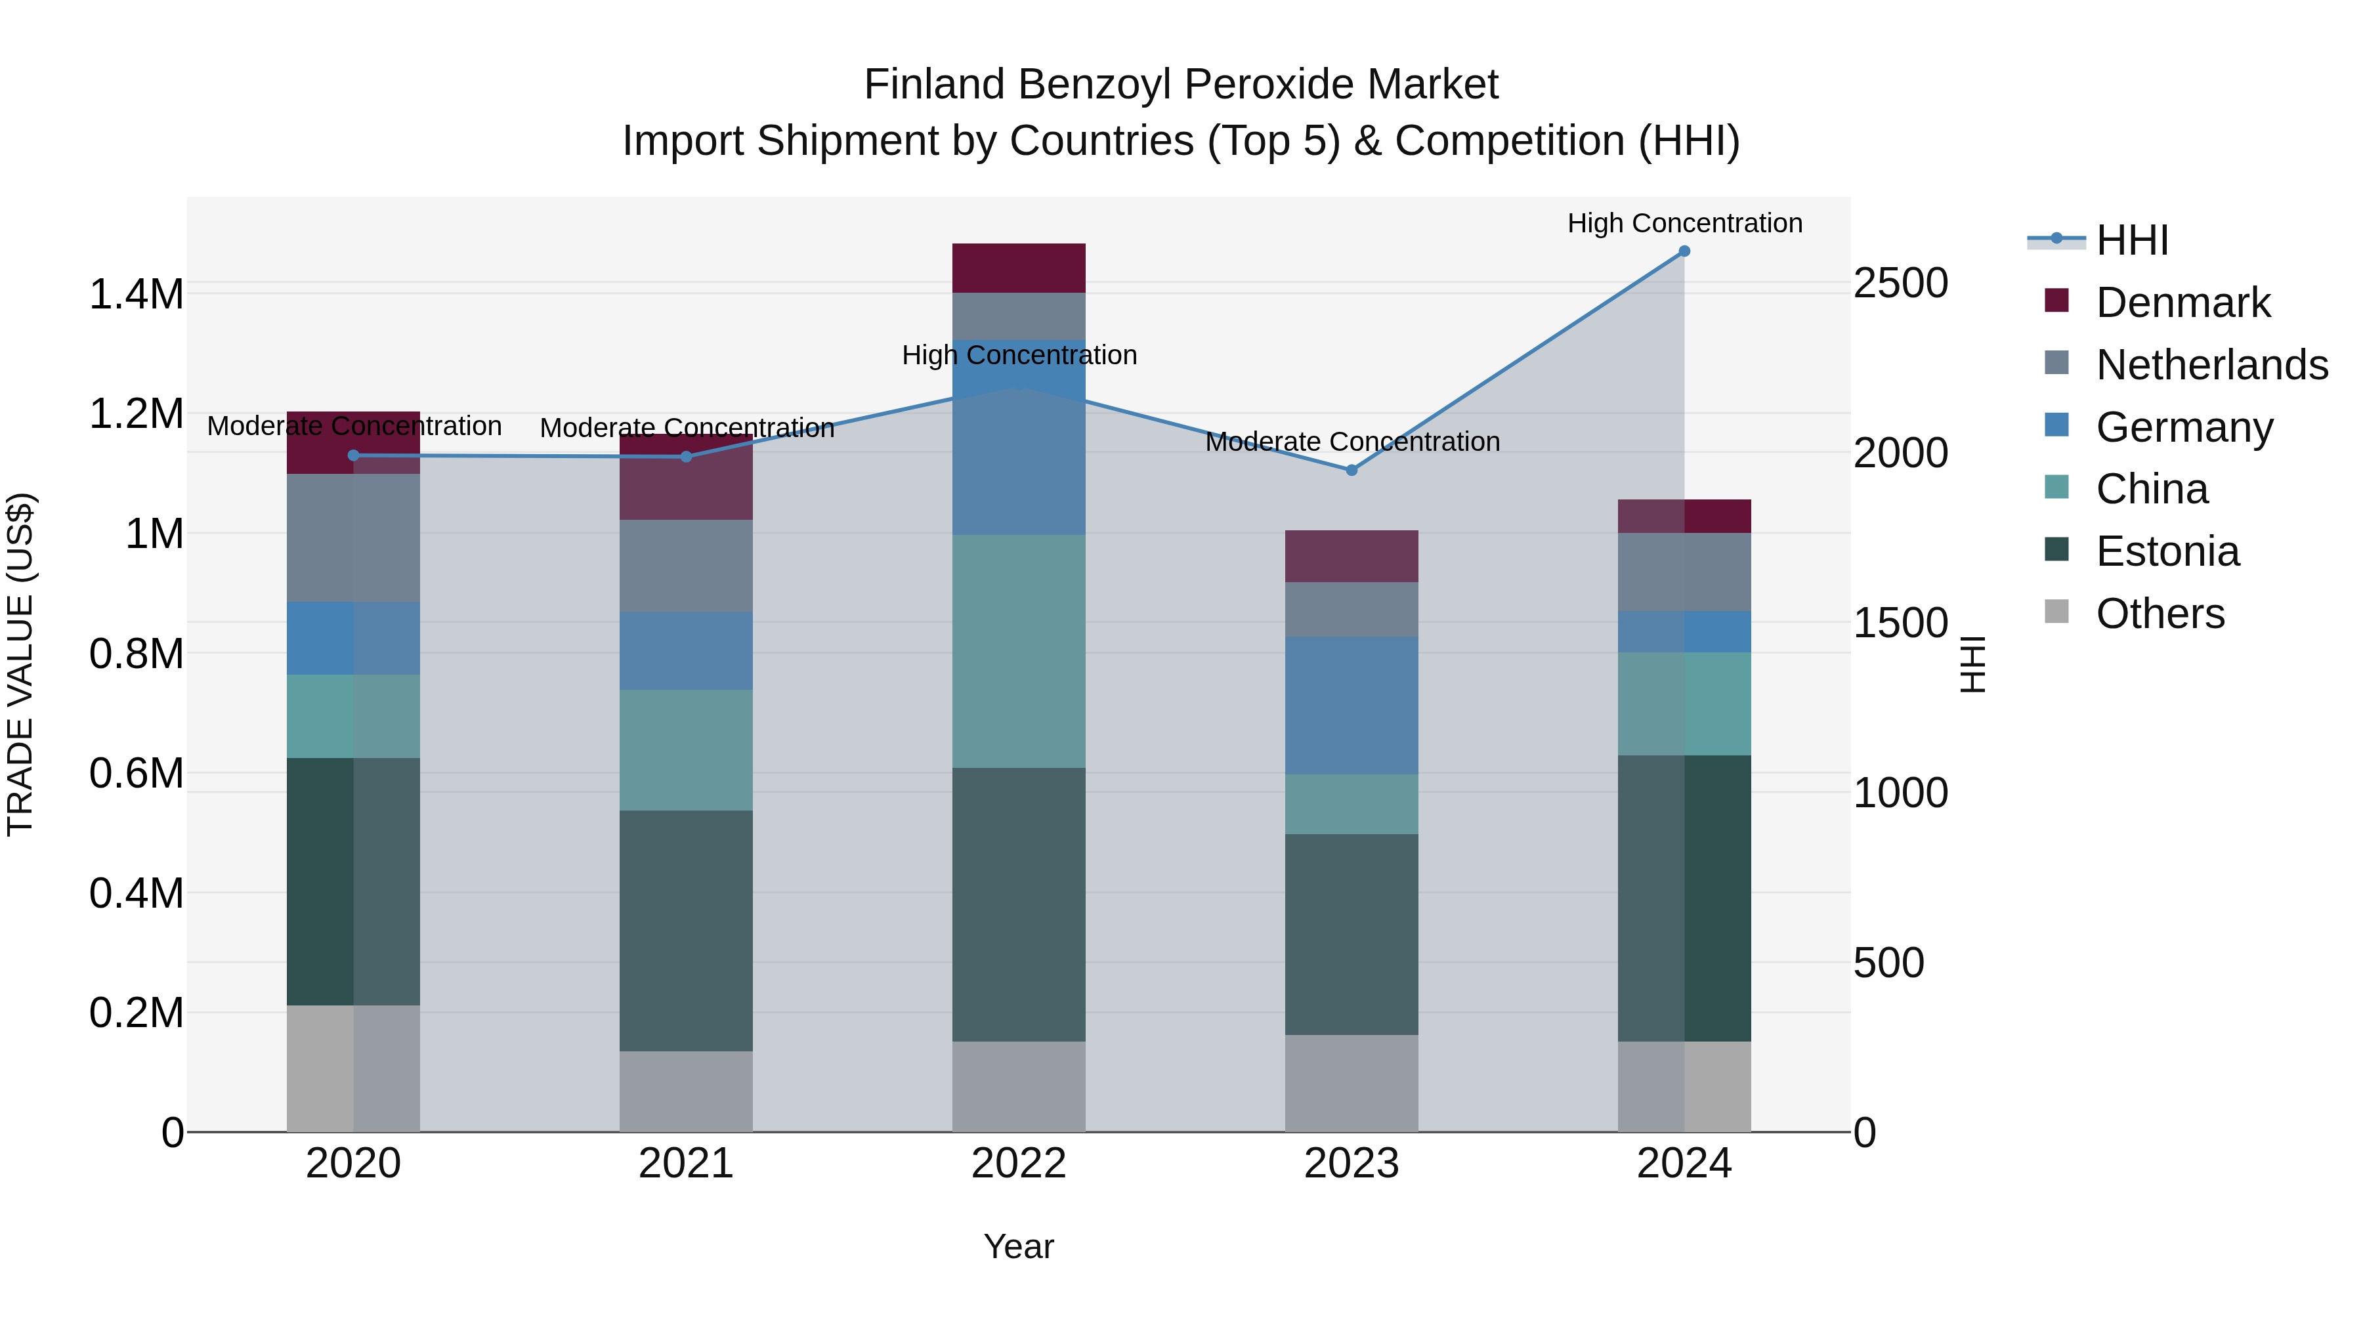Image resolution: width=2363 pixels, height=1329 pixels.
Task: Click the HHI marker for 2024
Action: click(x=1684, y=251)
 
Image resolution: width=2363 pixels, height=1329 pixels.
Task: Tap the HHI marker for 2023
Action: click(x=1352, y=471)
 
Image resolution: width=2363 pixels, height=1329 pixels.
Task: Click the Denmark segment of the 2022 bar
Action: click(x=1018, y=268)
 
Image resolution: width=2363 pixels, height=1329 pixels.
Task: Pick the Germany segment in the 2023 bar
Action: click(x=1352, y=706)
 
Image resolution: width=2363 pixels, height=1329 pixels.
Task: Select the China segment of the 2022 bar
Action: click(x=1018, y=651)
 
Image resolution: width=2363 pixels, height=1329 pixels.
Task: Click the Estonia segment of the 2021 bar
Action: click(x=686, y=931)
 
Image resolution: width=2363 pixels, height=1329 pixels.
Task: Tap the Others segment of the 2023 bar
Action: click(x=1352, y=1083)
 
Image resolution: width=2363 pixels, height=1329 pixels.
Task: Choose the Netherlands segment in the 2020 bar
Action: click(x=353, y=538)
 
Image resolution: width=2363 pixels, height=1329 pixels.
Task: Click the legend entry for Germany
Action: click(x=2183, y=427)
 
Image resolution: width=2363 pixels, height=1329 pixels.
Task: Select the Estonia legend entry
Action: click(x=2167, y=552)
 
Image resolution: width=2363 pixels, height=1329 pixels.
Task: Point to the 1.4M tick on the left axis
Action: click(x=136, y=295)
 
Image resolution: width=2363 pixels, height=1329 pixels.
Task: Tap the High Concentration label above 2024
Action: click(x=1684, y=224)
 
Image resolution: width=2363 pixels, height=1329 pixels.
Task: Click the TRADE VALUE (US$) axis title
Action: click(x=20, y=664)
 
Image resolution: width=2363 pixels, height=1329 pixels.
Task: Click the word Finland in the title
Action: click(x=934, y=85)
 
